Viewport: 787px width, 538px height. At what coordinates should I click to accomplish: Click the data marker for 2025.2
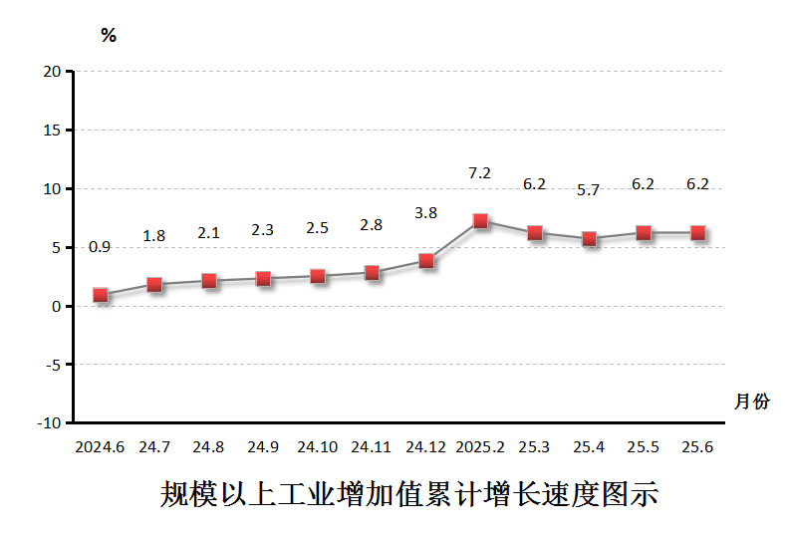pos(480,221)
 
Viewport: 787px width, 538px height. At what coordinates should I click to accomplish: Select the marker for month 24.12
pos(426,261)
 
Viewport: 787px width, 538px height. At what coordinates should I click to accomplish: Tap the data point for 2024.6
pos(101,295)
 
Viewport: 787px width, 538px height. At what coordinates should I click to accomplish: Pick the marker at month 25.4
pos(589,239)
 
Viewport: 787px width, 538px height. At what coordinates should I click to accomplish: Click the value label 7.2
pos(480,173)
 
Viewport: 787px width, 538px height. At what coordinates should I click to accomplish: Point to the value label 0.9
pos(101,247)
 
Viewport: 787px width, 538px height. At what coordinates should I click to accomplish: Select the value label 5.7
pos(589,190)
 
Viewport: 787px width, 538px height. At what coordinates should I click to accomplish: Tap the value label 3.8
pos(426,213)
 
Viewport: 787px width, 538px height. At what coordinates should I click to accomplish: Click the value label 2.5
pos(318,228)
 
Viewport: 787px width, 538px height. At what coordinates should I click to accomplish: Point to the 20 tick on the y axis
pos(53,72)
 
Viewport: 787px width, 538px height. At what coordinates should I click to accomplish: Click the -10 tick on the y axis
pos(49,423)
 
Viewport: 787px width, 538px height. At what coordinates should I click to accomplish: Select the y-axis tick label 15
pos(53,131)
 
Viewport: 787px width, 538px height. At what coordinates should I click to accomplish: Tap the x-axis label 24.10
pos(318,447)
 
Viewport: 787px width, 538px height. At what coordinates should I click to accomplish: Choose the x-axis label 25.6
pos(697,447)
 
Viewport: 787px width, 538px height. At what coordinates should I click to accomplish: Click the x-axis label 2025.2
pos(480,447)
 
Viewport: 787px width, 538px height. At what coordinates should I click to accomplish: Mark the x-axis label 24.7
pos(154,447)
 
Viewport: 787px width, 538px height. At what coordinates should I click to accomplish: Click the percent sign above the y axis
pos(109,37)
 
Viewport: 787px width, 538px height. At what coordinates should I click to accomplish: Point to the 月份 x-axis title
pos(751,402)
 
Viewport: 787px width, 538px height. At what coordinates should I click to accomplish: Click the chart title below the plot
pos(409,495)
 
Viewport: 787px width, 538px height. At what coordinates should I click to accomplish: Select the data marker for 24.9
pos(263,279)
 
